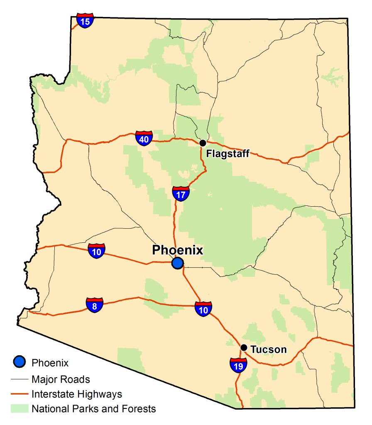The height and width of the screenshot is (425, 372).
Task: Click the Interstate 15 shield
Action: click(85, 21)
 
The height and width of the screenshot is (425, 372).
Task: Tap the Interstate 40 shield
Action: click(144, 139)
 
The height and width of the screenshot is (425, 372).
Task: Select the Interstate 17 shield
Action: click(181, 193)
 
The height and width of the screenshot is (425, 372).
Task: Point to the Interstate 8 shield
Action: click(95, 305)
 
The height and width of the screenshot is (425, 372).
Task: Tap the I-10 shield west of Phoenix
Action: click(96, 251)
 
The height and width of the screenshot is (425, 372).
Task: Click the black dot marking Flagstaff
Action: click(203, 143)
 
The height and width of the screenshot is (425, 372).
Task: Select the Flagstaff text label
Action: click(228, 154)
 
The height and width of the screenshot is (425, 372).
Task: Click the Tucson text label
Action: click(269, 349)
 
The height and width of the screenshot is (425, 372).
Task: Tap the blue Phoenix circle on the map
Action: click(178, 263)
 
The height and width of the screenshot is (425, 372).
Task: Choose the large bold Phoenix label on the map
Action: click(178, 250)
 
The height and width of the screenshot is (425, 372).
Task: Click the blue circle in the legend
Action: click(20, 362)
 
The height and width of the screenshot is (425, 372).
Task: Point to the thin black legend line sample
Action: click(20, 379)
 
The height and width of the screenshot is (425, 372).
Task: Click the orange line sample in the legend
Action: click(20, 394)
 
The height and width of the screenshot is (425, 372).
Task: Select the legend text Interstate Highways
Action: click(77, 394)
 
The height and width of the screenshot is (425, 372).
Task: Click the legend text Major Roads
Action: click(61, 379)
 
